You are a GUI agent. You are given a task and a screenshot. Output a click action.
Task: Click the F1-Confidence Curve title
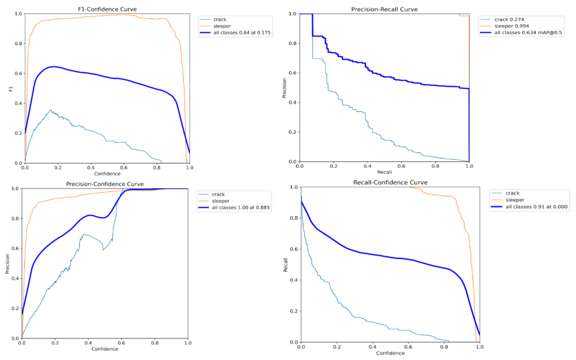[x=107, y=9]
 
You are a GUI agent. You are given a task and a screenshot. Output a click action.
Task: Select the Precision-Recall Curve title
[x=384, y=9]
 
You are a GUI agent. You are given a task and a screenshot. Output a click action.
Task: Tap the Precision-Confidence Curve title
[x=105, y=184]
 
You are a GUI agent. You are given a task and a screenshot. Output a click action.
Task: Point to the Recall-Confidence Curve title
[x=390, y=183]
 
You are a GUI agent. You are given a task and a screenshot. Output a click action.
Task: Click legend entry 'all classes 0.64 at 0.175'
[x=235, y=33]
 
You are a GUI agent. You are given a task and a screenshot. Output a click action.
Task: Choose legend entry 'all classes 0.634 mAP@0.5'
[x=521, y=33]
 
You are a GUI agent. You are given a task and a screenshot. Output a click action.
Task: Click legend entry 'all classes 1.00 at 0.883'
[x=234, y=207]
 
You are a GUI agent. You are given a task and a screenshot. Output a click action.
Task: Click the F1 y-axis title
[x=11, y=89]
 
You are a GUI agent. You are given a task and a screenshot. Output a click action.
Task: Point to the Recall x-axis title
[x=384, y=172]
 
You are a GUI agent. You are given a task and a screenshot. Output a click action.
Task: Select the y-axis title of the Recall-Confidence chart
[x=285, y=265]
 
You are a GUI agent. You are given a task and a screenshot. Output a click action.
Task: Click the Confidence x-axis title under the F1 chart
[x=107, y=174]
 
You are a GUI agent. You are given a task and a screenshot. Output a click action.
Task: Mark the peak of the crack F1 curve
[x=50, y=110]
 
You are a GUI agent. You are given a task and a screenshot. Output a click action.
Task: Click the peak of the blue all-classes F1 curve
[x=53, y=66]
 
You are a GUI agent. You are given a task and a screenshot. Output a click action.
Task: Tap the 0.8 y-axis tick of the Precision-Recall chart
[x=293, y=43]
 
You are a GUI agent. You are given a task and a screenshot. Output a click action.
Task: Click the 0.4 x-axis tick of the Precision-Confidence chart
[x=88, y=343]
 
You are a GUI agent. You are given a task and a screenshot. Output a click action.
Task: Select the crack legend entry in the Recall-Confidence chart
[x=505, y=193]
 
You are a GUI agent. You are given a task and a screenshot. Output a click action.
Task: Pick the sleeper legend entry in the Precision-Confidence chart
[x=214, y=201]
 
